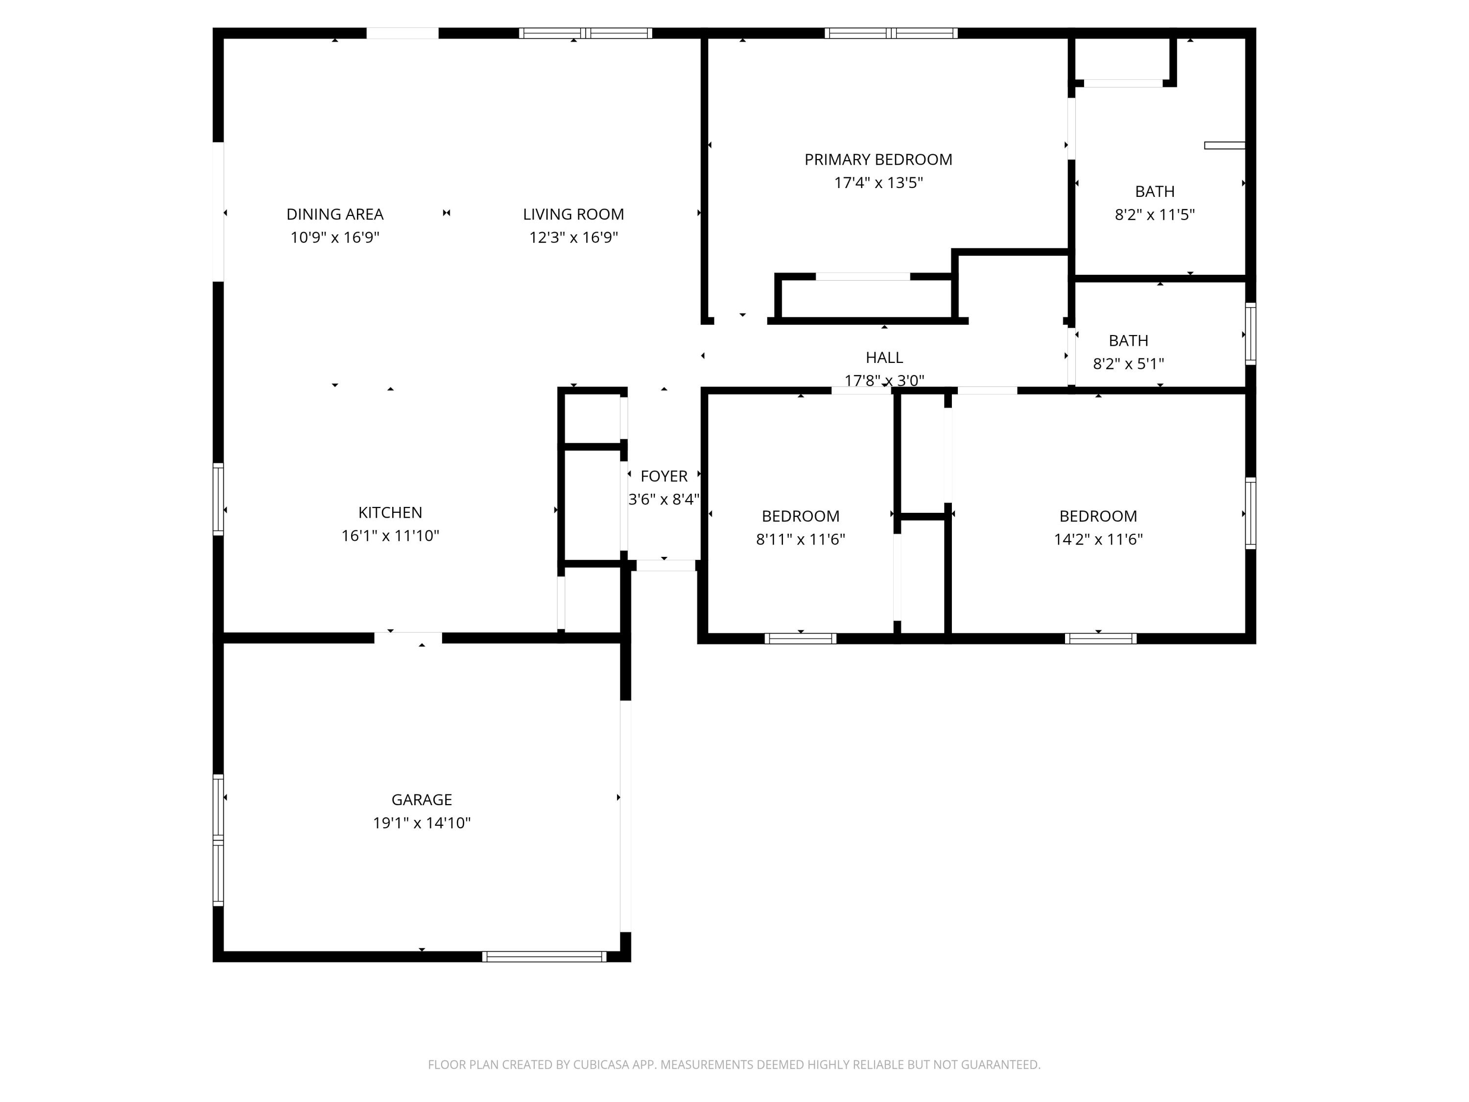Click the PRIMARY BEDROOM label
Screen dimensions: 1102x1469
click(878, 159)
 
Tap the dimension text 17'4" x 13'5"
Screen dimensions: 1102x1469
click(878, 183)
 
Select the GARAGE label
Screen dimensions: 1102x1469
click(421, 800)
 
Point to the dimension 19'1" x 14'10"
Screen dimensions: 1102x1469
click(421, 823)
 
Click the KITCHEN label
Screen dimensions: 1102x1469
click(390, 512)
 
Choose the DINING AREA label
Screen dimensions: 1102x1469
click(335, 215)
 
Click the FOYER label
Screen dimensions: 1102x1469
click(663, 476)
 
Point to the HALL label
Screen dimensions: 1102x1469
click(884, 358)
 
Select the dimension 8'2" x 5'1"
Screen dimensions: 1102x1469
click(1128, 363)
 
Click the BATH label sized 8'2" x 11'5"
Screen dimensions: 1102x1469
click(1154, 192)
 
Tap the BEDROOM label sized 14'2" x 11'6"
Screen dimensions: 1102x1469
click(1098, 516)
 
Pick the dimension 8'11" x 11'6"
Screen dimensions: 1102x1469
click(800, 539)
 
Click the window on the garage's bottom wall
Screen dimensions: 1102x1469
click(544, 957)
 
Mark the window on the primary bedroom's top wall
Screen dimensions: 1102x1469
click(891, 33)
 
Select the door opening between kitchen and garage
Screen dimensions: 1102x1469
click(408, 638)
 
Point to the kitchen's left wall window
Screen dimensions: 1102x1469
click(218, 499)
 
